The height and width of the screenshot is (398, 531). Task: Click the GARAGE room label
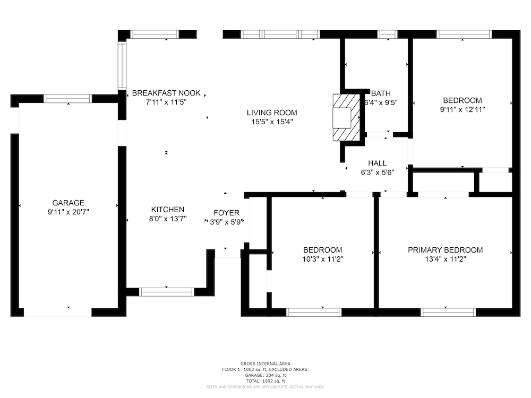[x=68, y=203]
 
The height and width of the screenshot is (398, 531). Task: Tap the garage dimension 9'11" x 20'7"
[x=68, y=212]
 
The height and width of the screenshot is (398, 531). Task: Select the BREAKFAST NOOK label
[x=166, y=93]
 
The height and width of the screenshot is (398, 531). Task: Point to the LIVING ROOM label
[x=271, y=113]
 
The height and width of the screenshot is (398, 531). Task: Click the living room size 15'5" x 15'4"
[x=271, y=122]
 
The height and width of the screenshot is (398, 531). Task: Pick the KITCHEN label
[x=168, y=210]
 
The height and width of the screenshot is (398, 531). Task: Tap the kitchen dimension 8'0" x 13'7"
[x=168, y=219]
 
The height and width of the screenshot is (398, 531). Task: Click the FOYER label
[x=226, y=213]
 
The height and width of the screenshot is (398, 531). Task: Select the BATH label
[x=381, y=93]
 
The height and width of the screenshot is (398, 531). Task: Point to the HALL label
[x=377, y=163]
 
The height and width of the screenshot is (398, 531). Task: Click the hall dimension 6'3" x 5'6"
[x=377, y=172]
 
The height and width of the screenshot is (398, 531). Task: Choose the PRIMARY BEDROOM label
[x=445, y=250]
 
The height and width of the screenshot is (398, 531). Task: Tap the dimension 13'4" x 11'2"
[x=445, y=259]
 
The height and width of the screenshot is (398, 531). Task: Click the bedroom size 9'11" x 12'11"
[x=463, y=110]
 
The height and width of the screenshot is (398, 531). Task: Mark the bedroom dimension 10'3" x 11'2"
[x=322, y=259]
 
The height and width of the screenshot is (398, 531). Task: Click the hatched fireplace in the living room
[x=346, y=117]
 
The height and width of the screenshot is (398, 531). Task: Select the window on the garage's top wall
[x=68, y=99]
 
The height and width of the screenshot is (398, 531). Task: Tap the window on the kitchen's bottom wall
[x=166, y=292]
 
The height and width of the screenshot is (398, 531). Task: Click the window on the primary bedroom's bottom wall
[x=448, y=312]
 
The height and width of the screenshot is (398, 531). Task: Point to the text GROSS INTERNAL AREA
[x=265, y=364]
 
